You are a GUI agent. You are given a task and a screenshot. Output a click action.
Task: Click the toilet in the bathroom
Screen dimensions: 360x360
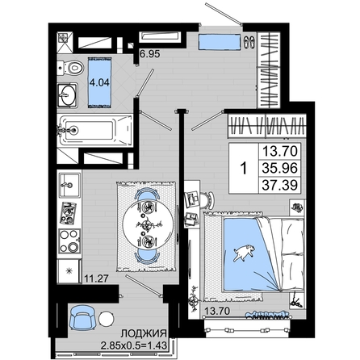[70, 68]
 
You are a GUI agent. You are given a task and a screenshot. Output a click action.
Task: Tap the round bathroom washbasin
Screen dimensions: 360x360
[68, 95]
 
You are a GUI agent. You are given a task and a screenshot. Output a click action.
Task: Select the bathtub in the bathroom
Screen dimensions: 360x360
[95, 131]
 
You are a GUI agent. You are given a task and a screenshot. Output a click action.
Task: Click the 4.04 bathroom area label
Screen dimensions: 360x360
[99, 82]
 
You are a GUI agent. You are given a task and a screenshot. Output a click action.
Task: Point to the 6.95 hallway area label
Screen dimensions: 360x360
[150, 54]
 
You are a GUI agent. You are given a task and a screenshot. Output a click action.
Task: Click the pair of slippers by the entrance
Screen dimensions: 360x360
[249, 42]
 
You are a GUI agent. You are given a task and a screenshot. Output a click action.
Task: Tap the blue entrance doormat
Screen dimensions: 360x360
[220, 42]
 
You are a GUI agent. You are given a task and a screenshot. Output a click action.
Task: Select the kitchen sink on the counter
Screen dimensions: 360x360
[69, 185]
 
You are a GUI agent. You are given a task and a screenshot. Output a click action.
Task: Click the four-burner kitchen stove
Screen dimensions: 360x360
[69, 241]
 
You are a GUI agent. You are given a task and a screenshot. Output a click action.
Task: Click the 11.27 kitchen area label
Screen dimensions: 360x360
[96, 278]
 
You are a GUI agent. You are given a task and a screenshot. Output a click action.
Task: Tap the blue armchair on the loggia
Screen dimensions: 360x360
[82, 318]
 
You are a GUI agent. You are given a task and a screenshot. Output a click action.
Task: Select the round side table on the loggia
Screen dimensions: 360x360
[107, 319]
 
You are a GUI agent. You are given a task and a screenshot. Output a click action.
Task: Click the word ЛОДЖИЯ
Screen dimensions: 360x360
[144, 333]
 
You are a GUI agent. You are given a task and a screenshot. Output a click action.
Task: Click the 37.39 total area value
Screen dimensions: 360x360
[280, 185]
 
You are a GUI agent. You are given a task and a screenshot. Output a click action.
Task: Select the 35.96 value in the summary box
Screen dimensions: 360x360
[280, 168]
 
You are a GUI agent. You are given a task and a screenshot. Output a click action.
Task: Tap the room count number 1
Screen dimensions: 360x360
[244, 169]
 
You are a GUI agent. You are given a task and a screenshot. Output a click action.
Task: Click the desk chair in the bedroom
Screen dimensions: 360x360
[207, 200]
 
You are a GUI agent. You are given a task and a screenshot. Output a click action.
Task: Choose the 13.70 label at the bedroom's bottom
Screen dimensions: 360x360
[217, 311]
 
